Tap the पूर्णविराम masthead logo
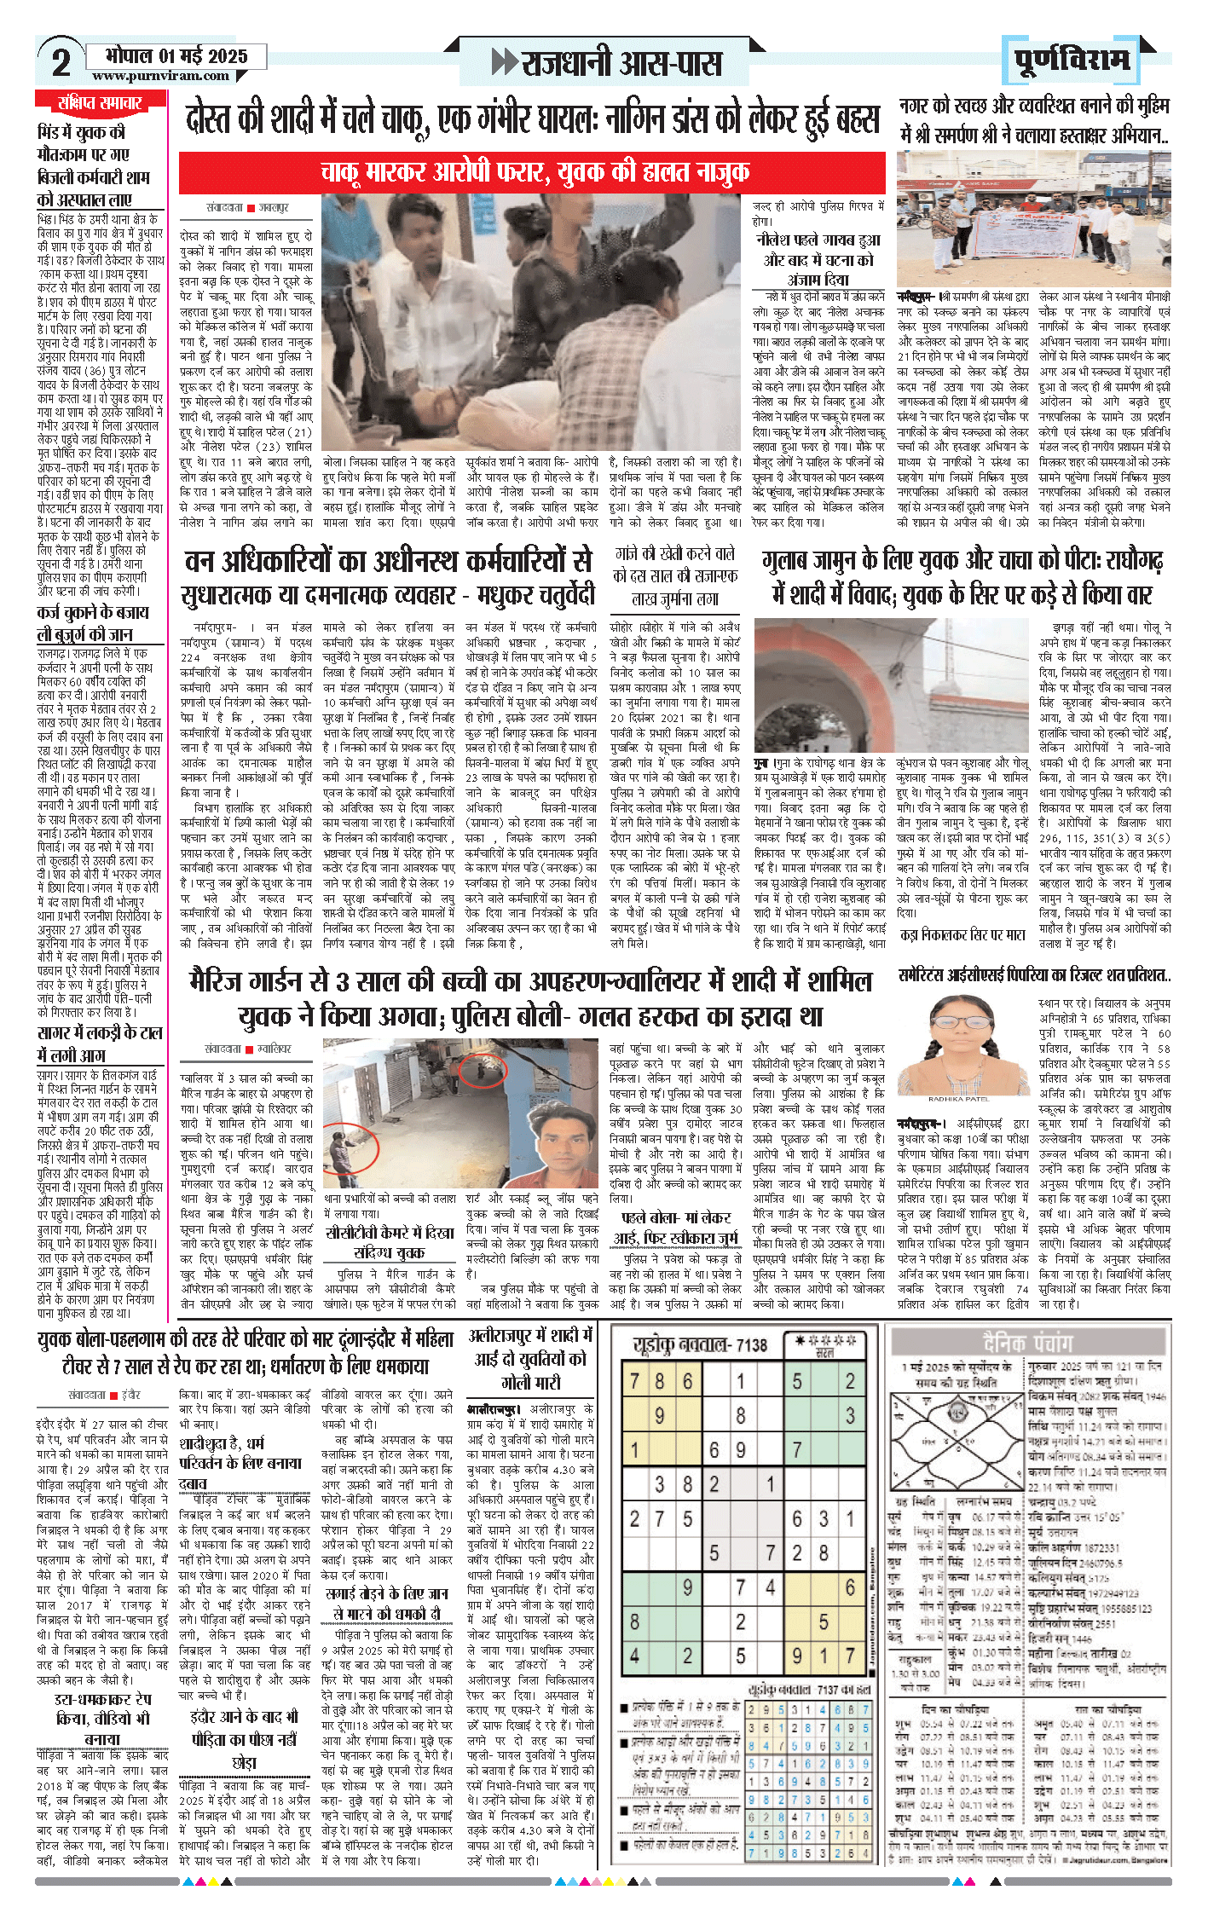1072,60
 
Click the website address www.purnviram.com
161,76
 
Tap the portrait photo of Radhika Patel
958,1048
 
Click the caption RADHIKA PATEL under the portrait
958,1100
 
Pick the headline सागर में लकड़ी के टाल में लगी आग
99,1044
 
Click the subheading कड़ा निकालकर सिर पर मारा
962,935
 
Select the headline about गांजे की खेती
676,575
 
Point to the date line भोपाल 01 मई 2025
176,56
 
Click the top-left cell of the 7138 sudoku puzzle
634,1381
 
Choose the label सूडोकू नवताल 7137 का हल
809,1690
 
